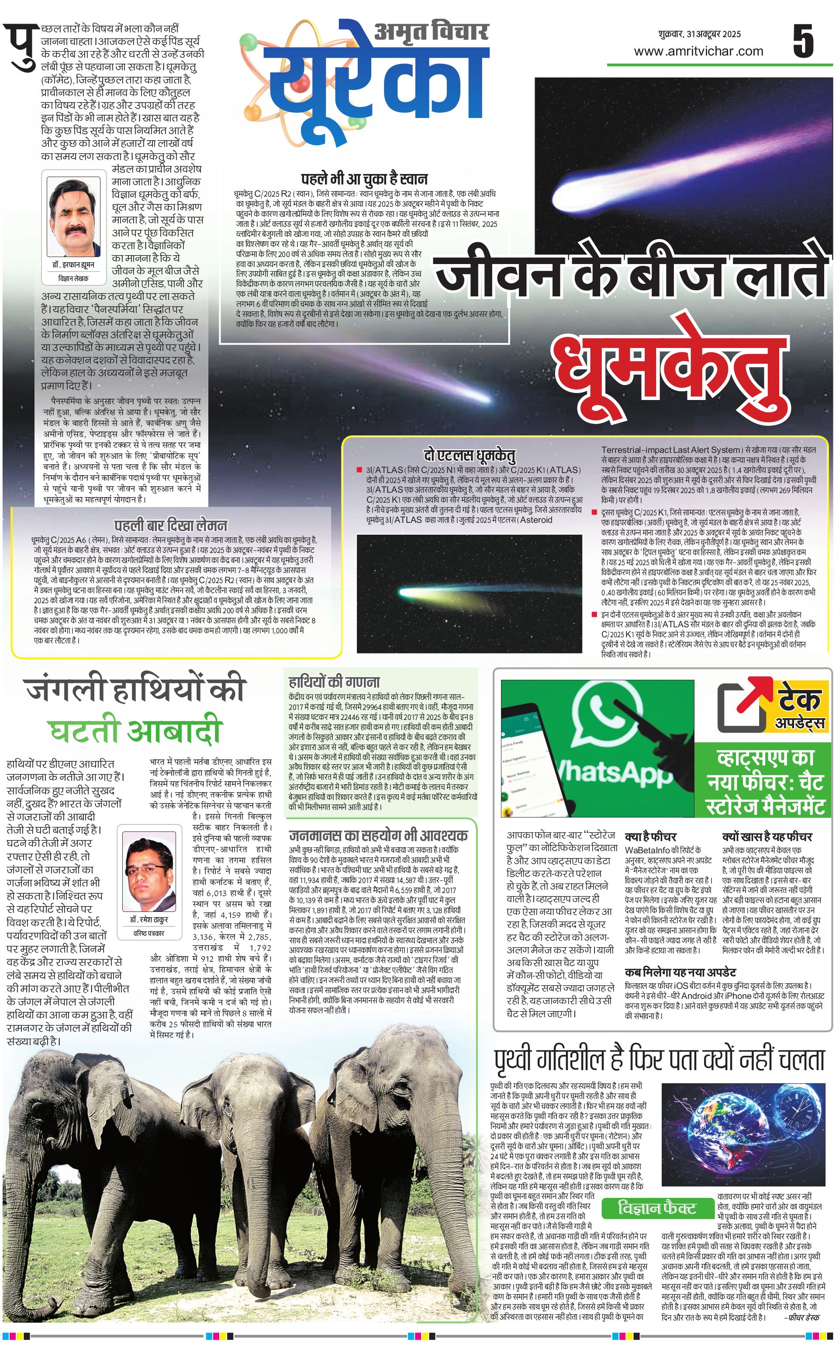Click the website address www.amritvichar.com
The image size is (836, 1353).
pyautogui.click(x=698, y=52)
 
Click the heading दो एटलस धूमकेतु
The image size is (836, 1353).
pyautogui.click(x=470, y=455)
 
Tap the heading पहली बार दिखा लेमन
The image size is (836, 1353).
pyautogui.click(x=170, y=525)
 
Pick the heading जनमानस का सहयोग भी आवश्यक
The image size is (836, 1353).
pyautogui.click(x=378, y=835)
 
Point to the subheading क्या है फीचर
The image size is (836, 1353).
pyautogui.click(x=650, y=836)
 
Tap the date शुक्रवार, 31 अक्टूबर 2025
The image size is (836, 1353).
pyautogui.click(x=699, y=34)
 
